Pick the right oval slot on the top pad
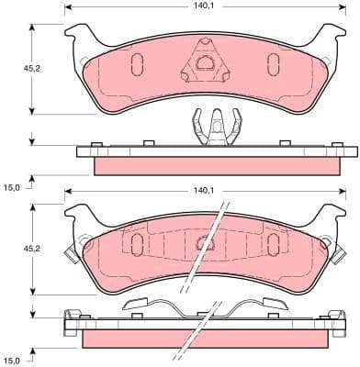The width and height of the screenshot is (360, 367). click(x=273, y=63)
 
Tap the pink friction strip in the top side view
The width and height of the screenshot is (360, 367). click(x=210, y=164)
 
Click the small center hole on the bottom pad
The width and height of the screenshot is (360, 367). click(x=204, y=242)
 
